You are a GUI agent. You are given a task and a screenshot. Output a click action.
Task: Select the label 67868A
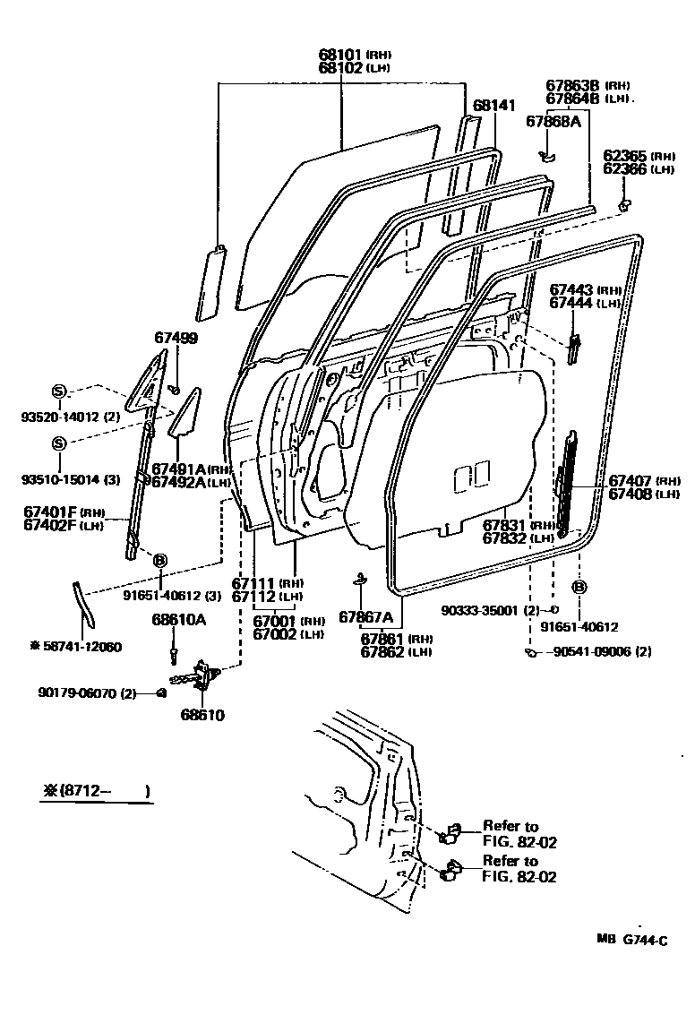(x=553, y=122)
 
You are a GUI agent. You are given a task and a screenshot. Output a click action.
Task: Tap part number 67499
(x=176, y=338)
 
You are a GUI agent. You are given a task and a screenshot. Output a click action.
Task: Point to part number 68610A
(x=178, y=619)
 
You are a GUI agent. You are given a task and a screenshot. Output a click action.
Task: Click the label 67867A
(x=365, y=616)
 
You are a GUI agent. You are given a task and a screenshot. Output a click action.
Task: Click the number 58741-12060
(x=80, y=646)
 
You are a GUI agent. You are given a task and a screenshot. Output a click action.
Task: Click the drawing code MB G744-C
(x=632, y=939)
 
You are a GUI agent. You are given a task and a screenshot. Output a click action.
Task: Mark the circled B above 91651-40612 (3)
(x=160, y=561)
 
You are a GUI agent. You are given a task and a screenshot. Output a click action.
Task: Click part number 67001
(x=275, y=621)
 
